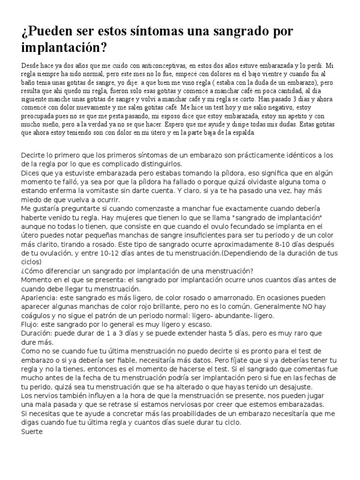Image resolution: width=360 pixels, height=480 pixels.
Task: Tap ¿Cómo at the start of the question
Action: [33, 271]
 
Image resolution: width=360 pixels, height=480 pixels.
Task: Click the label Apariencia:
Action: [42, 297]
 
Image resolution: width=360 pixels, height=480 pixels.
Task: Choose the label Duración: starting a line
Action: [39, 333]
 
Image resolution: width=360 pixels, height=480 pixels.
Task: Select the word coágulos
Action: [37, 315]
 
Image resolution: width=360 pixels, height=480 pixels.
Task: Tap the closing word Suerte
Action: [32, 431]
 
